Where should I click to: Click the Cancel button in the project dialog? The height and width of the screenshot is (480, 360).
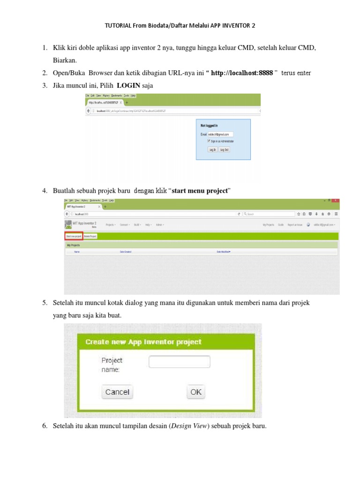coord(117,392)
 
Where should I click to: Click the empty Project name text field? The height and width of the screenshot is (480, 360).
coord(179,362)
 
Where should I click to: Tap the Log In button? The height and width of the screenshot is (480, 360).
coord(212,150)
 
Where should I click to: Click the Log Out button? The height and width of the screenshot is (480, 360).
coord(225,150)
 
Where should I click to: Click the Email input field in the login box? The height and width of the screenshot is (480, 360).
coord(220,134)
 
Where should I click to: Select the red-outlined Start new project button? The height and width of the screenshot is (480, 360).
coord(74,236)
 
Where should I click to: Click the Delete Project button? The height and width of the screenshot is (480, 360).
coord(90,236)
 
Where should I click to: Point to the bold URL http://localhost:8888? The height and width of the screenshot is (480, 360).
coord(242,73)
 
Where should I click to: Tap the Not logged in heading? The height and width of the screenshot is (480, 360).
coord(209,126)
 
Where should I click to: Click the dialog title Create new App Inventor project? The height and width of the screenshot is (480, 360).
coord(143,342)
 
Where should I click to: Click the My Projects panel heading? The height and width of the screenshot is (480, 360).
coord(73,245)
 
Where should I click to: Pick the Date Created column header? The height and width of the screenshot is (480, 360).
coord(126,252)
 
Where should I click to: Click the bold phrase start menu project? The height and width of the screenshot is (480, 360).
coord(201,191)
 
